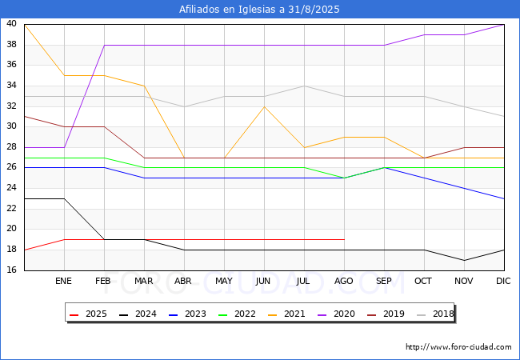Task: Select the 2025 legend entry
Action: tap(88, 314)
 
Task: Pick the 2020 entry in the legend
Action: tap(336, 314)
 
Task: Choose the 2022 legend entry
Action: tap(237, 314)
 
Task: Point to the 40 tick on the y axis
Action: tap(11, 23)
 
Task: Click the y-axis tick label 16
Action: tap(11, 270)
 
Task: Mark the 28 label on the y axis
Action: tap(11, 146)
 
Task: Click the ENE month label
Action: tap(63, 281)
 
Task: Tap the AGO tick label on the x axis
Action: tap(343, 281)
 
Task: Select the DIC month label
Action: tap(503, 281)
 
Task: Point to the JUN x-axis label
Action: tap(263, 281)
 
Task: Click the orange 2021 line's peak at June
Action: tap(264, 106)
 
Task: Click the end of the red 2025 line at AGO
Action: tap(345, 239)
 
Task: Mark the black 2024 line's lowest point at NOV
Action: tap(464, 260)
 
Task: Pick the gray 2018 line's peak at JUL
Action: tap(305, 86)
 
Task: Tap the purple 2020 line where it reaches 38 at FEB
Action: tap(105, 45)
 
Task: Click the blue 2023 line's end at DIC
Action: tap(504, 198)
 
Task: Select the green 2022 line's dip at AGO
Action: tap(345, 178)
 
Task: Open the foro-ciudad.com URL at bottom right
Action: tap(458, 347)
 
